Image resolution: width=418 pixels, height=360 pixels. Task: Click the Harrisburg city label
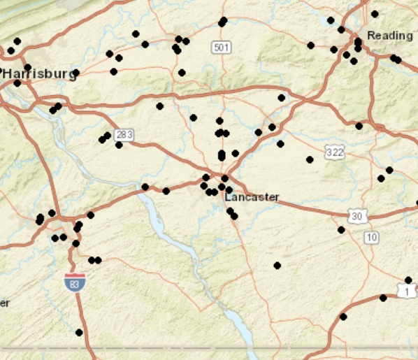click(x=38, y=73)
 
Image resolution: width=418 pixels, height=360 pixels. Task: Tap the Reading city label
click(x=389, y=36)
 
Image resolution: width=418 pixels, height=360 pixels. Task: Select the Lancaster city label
click(x=252, y=197)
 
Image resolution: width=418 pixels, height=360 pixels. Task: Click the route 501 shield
click(x=222, y=47)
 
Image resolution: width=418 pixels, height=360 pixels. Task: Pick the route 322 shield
click(x=334, y=151)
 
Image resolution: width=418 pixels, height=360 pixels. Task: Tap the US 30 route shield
click(x=357, y=216)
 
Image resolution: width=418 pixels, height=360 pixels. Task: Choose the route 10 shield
click(x=371, y=238)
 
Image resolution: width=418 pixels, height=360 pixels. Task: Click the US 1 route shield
click(x=405, y=290)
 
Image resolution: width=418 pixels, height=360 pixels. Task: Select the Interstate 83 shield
click(x=75, y=282)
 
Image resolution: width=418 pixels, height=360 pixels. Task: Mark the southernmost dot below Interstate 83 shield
click(x=79, y=332)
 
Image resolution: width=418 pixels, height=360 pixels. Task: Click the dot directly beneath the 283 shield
click(x=119, y=145)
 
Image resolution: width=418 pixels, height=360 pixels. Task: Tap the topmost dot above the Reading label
click(x=375, y=14)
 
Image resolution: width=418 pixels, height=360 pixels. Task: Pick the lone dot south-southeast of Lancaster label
click(x=277, y=265)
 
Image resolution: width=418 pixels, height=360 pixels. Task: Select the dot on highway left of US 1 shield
click(x=383, y=298)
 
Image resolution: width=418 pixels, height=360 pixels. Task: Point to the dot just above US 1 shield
click(x=408, y=280)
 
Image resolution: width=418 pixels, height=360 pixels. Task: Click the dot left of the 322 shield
click(x=309, y=159)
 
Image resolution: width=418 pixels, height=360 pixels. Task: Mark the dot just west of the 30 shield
click(x=341, y=229)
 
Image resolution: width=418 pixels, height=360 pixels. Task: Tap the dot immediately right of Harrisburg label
click(x=76, y=73)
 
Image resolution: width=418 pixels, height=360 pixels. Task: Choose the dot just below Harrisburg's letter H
click(x=17, y=83)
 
